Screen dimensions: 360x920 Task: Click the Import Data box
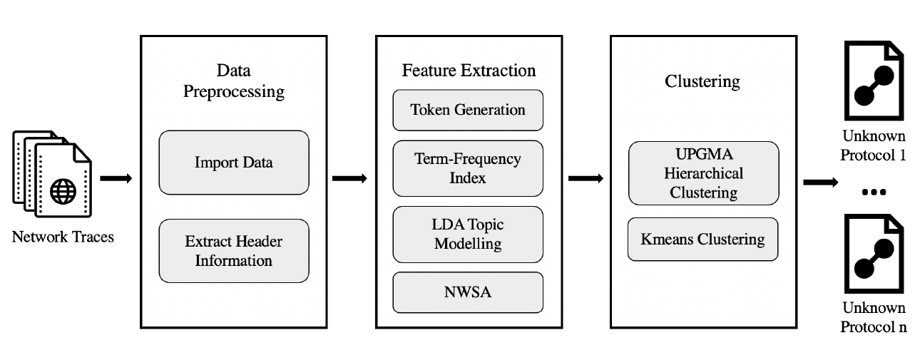point(234,163)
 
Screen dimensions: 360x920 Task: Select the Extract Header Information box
point(234,251)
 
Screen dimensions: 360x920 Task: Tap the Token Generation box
point(468,110)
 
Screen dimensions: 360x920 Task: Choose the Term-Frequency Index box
point(468,168)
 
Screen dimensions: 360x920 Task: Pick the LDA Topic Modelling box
point(468,235)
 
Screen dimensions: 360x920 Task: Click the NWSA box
point(468,292)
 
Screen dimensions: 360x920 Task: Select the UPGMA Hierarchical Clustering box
point(703,173)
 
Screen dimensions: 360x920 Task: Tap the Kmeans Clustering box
point(703,240)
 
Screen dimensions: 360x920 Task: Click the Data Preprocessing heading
point(234,81)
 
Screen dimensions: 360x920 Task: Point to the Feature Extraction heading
point(469,71)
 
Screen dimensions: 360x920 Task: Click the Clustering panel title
point(702,81)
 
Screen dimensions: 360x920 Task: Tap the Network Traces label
point(63,237)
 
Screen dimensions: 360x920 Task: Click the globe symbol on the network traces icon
point(63,192)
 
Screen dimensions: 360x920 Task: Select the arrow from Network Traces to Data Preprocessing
point(116,178)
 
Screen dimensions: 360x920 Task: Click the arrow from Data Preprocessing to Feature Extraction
point(350,178)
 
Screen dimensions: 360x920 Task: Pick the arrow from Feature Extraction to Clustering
point(586,178)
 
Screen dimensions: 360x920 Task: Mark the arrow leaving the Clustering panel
point(820,182)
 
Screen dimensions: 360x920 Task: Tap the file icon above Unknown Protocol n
point(874,256)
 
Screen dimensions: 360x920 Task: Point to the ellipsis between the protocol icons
point(874,193)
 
